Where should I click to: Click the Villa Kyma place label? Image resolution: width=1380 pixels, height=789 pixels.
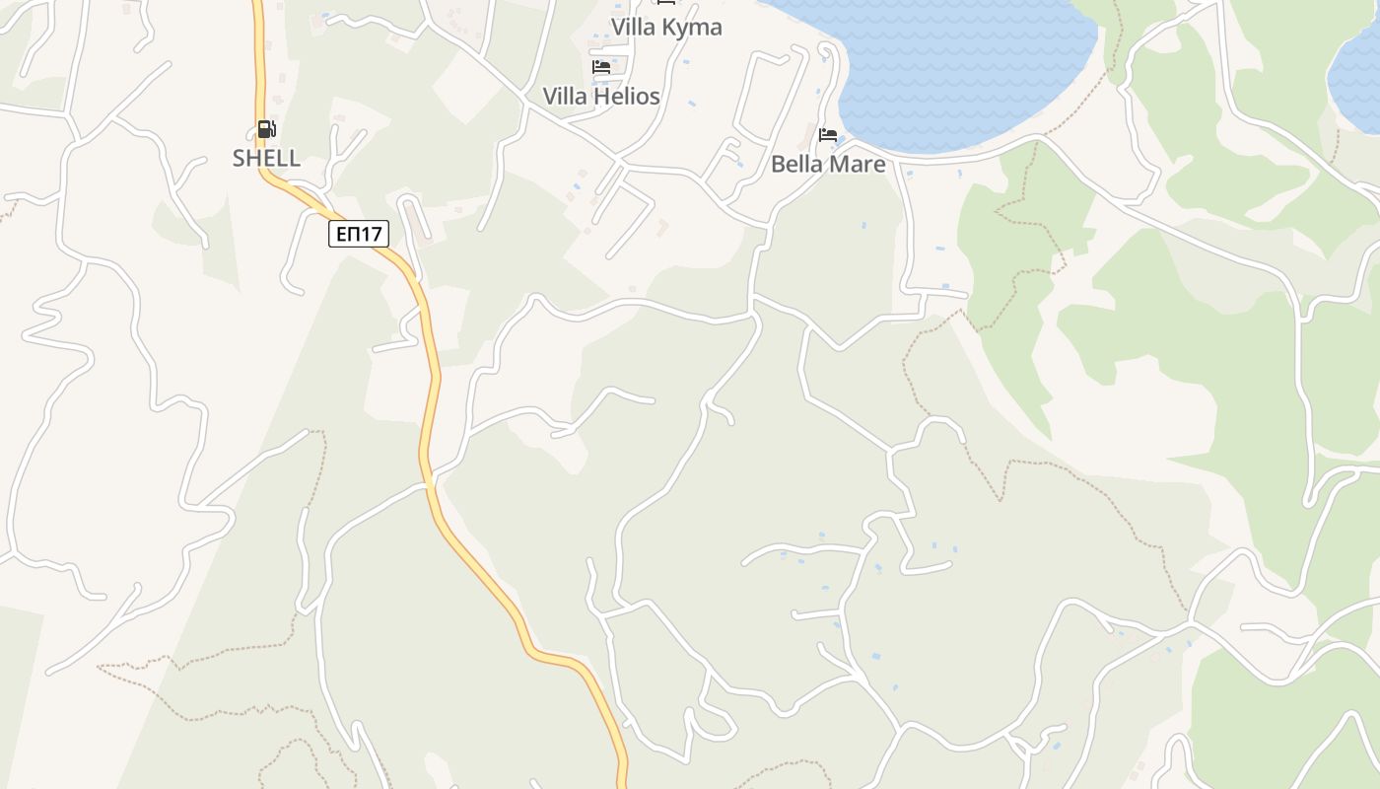[x=666, y=27]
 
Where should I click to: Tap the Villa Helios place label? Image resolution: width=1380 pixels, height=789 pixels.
[x=601, y=96]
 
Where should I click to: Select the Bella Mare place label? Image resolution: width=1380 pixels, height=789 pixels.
[x=828, y=164]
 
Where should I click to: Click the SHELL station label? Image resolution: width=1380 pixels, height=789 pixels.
[x=266, y=158]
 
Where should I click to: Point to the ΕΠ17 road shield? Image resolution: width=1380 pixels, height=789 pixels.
[x=359, y=234]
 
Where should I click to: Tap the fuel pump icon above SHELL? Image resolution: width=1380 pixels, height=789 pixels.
[x=266, y=129]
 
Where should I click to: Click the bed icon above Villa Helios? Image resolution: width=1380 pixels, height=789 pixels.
[x=601, y=67]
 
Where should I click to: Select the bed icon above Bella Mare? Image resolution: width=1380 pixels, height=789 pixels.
[x=828, y=135]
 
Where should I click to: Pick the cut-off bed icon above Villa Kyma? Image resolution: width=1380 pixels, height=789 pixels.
[x=666, y=3]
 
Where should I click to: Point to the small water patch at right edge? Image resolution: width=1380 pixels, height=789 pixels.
[x=1358, y=74]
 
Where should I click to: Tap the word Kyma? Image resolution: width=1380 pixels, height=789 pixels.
[x=693, y=27]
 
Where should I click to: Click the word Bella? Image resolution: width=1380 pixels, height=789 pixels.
[x=796, y=164]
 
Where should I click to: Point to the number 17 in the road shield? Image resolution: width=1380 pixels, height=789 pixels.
[x=371, y=234]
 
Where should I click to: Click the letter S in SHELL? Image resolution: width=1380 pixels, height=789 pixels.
[x=239, y=158]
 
